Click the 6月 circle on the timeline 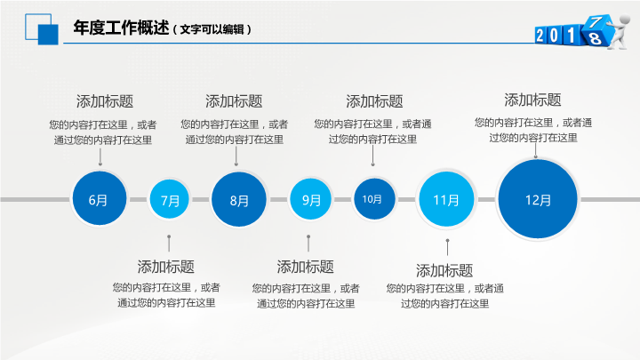[99, 200]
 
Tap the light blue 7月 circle [169, 201]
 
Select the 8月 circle [239, 200]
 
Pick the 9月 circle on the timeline [311, 200]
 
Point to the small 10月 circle [372, 199]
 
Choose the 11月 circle [446, 200]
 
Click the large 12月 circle [538, 200]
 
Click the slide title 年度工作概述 [121, 28]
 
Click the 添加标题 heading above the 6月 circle [105, 100]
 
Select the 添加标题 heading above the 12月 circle [532, 100]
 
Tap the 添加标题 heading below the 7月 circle [166, 266]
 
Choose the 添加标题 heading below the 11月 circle [444, 270]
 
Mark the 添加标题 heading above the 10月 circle [374, 101]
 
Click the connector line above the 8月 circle [236, 156]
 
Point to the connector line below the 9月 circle [308, 243]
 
